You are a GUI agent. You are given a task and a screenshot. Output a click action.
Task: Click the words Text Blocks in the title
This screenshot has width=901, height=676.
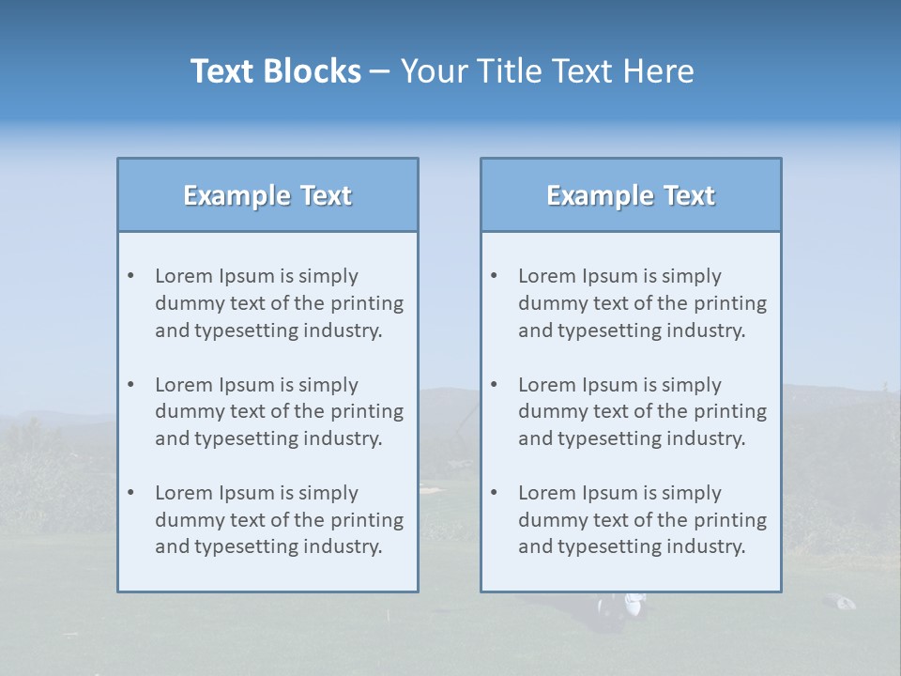click(x=275, y=71)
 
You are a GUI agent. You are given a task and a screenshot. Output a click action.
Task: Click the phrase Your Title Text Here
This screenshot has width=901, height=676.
click(x=547, y=71)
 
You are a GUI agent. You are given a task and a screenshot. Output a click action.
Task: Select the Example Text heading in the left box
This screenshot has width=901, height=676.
click(x=267, y=195)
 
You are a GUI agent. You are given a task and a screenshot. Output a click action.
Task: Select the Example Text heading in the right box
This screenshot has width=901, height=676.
click(x=631, y=195)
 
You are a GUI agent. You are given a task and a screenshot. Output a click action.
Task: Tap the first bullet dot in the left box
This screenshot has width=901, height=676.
click(x=131, y=276)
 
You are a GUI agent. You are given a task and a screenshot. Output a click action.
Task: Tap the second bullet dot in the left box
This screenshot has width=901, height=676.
click(x=131, y=385)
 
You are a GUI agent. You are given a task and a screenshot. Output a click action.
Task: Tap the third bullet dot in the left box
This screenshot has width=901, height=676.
click(x=131, y=493)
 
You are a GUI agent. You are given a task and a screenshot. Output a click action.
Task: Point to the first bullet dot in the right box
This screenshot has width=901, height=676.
click(x=495, y=276)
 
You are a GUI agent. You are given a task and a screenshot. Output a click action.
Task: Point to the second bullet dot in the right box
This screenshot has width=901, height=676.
click(x=495, y=385)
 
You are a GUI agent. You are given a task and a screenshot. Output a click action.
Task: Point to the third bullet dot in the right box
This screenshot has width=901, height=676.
click(x=495, y=493)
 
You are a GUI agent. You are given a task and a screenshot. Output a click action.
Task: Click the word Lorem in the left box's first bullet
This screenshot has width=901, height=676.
click(x=183, y=276)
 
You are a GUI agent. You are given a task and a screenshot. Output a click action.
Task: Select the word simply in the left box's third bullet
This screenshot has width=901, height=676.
click(x=328, y=493)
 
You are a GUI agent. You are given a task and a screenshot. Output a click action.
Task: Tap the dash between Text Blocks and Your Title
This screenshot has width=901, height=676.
click(x=379, y=71)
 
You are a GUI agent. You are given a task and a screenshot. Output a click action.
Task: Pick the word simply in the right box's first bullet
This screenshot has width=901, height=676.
click(x=692, y=276)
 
